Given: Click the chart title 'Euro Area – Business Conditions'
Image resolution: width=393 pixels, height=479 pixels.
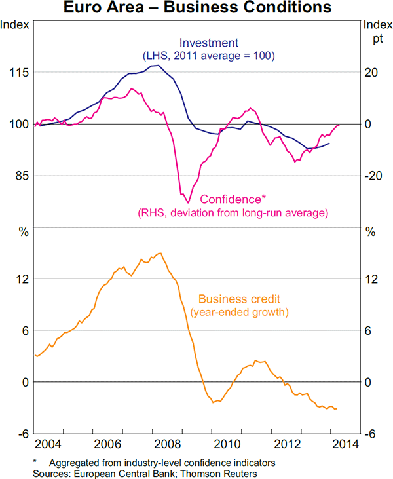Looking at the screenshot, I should pos(196,9).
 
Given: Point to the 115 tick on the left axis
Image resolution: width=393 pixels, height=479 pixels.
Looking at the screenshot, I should pos(16,73).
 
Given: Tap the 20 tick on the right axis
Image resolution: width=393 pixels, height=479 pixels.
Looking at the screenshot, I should pos(371,73).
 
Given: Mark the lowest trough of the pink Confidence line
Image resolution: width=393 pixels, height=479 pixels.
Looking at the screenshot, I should pos(187,203).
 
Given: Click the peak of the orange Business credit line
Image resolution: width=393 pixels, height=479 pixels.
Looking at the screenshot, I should pos(160,253).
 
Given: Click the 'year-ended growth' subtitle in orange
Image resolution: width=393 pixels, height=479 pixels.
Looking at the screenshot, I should pos(239,313).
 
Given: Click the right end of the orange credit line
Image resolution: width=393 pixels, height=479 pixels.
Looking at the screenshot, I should pos(337,409).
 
